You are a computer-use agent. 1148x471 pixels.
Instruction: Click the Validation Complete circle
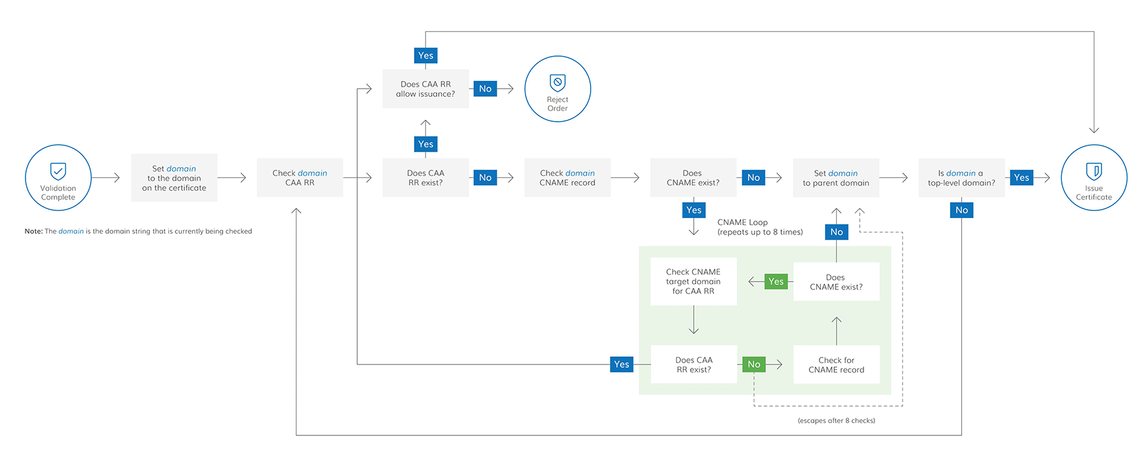(58, 178)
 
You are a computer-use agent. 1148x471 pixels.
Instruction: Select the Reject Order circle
(557, 89)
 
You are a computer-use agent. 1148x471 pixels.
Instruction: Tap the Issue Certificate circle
(1094, 178)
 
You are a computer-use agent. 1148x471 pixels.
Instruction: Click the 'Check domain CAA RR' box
(300, 178)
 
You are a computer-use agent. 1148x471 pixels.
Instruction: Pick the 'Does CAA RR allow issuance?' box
(425, 89)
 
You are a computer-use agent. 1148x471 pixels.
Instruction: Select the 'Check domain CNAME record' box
(567, 178)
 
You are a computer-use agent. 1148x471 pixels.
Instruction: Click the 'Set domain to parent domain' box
(835, 178)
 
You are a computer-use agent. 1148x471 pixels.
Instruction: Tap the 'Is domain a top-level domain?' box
(961, 178)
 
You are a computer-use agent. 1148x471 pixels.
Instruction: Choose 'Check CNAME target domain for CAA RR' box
(693, 282)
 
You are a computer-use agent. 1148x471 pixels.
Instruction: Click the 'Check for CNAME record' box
(836, 365)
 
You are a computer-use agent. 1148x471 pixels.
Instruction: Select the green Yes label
(776, 282)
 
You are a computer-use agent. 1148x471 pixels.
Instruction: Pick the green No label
(754, 365)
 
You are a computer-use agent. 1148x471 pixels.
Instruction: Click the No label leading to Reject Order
(485, 89)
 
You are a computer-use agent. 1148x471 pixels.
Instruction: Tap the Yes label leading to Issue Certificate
(1021, 178)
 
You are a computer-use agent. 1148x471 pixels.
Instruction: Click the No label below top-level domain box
(961, 210)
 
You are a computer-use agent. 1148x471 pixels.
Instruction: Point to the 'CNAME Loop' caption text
(742, 222)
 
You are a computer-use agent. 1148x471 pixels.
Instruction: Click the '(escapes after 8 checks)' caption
(836, 421)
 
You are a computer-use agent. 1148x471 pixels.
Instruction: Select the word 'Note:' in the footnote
(33, 231)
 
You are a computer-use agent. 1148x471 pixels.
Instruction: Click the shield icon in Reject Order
(557, 82)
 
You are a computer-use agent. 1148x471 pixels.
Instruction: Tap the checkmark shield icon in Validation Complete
(58, 171)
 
